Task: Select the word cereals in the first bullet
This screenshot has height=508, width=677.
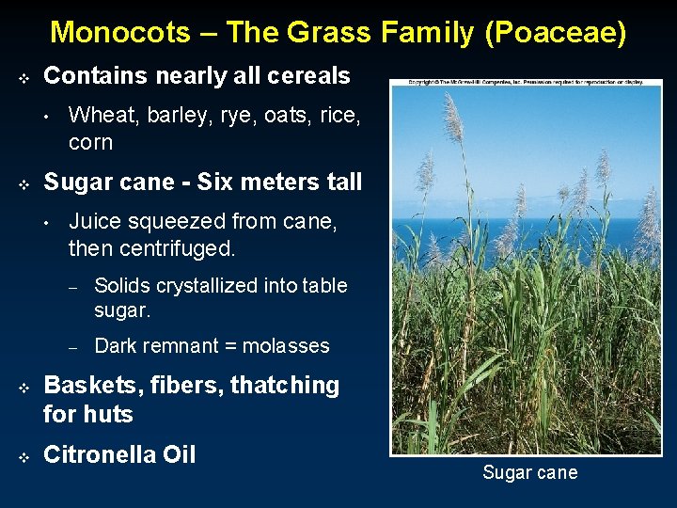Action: click(306, 75)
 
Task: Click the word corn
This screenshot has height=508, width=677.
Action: click(90, 143)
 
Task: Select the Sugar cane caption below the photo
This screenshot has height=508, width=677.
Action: click(529, 472)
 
